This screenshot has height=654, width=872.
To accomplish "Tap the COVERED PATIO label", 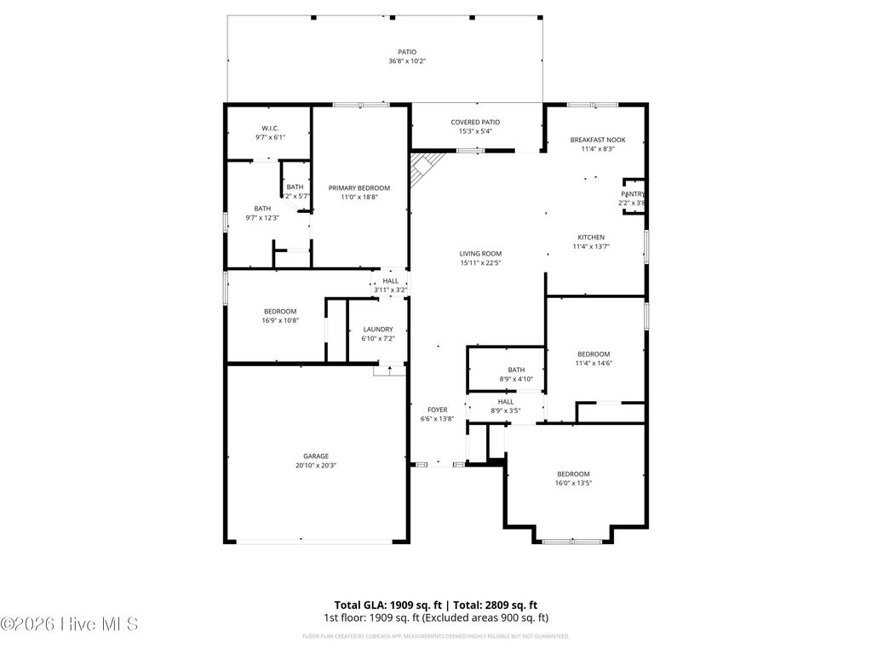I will [475, 122].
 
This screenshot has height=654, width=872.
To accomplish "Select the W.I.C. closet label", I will [271, 128].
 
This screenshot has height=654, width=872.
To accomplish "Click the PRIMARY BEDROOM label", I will [359, 187].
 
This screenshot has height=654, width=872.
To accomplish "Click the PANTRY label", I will [632, 194].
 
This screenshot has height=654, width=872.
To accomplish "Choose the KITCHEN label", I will [591, 238].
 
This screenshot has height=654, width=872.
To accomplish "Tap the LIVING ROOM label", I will [480, 253].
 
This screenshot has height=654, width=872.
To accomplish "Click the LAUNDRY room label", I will [377, 329].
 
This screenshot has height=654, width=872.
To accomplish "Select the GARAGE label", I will [316, 456].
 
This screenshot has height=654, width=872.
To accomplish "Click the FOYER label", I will [437, 410].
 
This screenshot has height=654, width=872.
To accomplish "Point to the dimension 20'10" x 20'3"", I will [316, 465].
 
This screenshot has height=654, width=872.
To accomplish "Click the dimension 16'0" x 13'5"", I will [573, 483].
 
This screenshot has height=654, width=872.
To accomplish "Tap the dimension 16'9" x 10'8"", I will [279, 320].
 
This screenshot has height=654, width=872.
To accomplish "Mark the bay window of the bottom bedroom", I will [572, 540].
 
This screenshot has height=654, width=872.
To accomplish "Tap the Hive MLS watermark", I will [69, 624].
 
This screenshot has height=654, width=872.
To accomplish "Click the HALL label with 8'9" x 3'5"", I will [505, 401].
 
